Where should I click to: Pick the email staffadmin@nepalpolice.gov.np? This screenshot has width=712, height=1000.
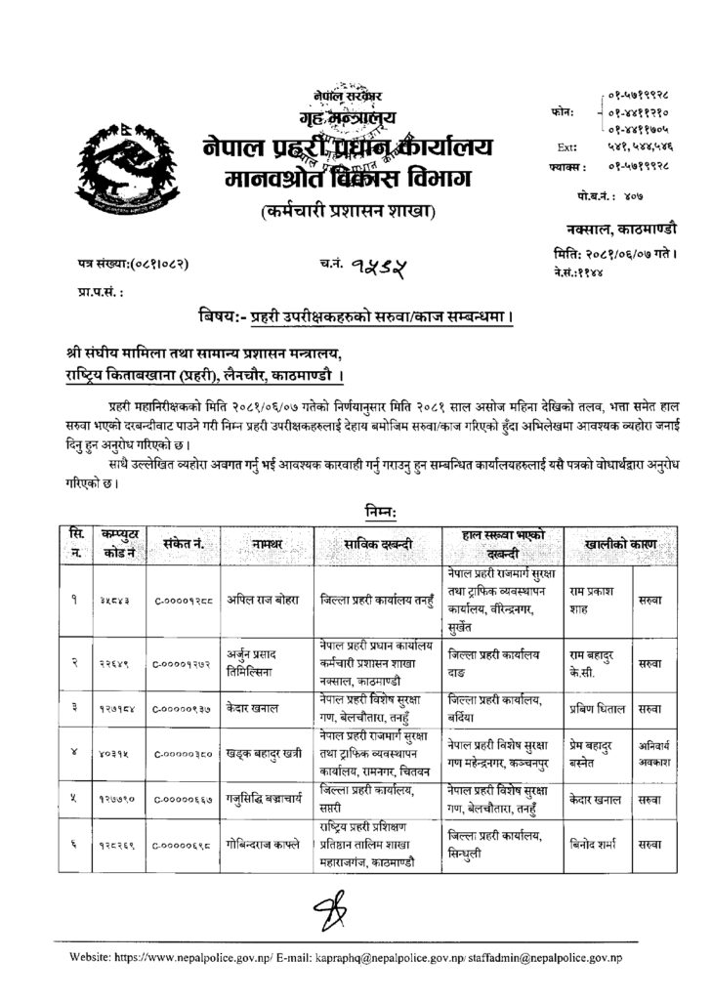pyautogui.click(x=551, y=961)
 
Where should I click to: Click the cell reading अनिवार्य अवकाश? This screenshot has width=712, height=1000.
pyautogui.click(x=654, y=746)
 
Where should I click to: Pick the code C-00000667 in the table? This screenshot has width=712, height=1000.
pyautogui.click(x=183, y=797)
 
